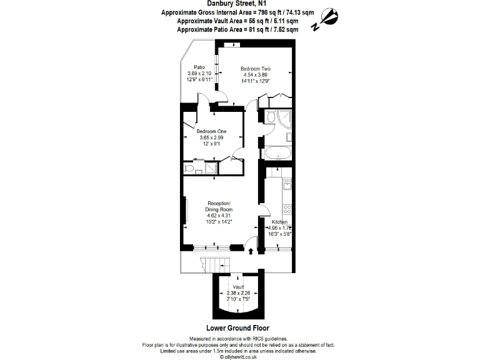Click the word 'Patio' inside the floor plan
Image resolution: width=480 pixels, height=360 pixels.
click(x=199, y=67)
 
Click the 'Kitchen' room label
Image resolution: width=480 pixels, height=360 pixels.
click(x=279, y=222)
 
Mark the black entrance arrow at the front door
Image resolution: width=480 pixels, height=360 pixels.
click(x=251, y=251)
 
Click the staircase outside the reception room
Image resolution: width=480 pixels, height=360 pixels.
click(x=206, y=264)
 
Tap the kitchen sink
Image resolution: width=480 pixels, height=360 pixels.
click(x=287, y=182)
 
